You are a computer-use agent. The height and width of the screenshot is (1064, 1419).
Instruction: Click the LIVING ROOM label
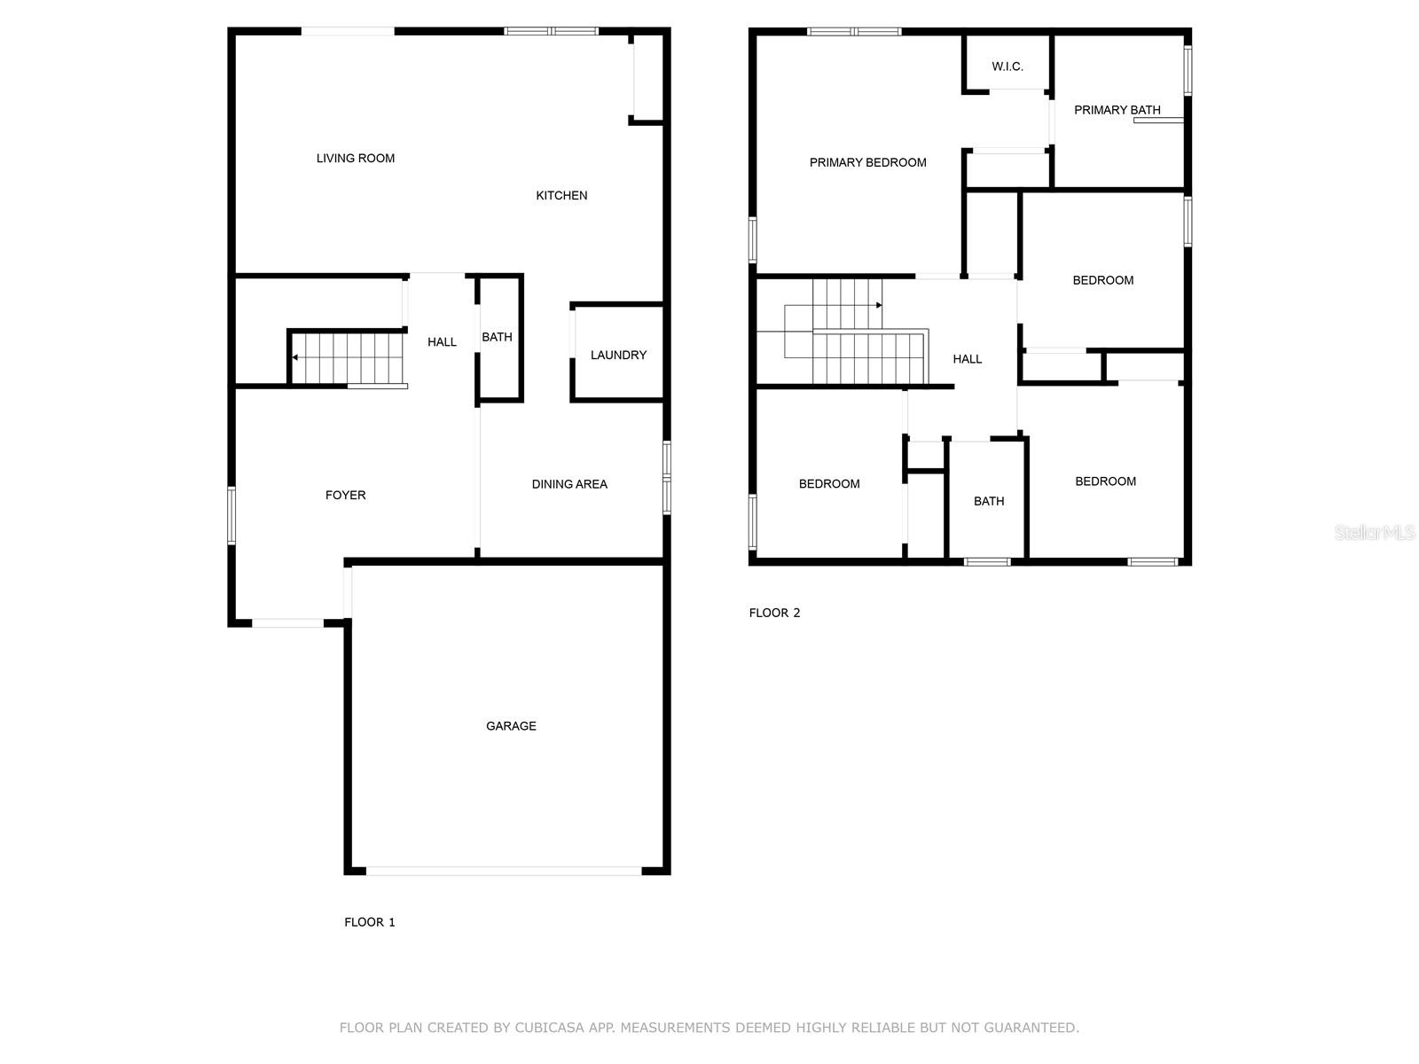tap(356, 159)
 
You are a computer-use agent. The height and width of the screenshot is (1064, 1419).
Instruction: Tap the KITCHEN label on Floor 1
tap(561, 196)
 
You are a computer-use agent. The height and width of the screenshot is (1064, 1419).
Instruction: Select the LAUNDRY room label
tap(618, 356)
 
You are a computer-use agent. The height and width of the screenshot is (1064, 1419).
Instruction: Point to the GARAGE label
tap(511, 726)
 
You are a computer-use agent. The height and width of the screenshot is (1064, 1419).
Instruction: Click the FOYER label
tap(345, 496)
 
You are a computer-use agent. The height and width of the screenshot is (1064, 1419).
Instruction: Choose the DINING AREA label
tap(569, 484)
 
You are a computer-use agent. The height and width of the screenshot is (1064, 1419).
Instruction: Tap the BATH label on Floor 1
tap(497, 337)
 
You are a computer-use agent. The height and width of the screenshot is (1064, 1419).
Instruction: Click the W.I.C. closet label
tap(1007, 66)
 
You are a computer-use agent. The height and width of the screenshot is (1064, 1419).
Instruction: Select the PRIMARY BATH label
tap(1117, 111)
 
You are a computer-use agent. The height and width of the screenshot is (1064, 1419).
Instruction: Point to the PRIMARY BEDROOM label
tap(867, 162)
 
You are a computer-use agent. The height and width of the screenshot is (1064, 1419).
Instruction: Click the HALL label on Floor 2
tap(967, 359)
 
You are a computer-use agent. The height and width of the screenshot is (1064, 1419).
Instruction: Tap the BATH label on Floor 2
tap(989, 502)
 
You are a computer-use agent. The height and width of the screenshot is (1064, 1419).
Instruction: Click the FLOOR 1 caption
tap(370, 922)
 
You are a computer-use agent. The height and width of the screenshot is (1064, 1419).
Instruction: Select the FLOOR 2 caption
tap(774, 613)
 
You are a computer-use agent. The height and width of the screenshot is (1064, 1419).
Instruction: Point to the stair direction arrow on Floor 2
tap(878, 305)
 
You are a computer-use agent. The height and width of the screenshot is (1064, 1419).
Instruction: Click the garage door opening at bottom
tap(504, 872)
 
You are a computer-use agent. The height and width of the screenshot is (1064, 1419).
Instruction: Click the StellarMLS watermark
tap(1375, 533)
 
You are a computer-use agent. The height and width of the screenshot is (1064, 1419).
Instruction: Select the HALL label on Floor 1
tap(442, 342)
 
